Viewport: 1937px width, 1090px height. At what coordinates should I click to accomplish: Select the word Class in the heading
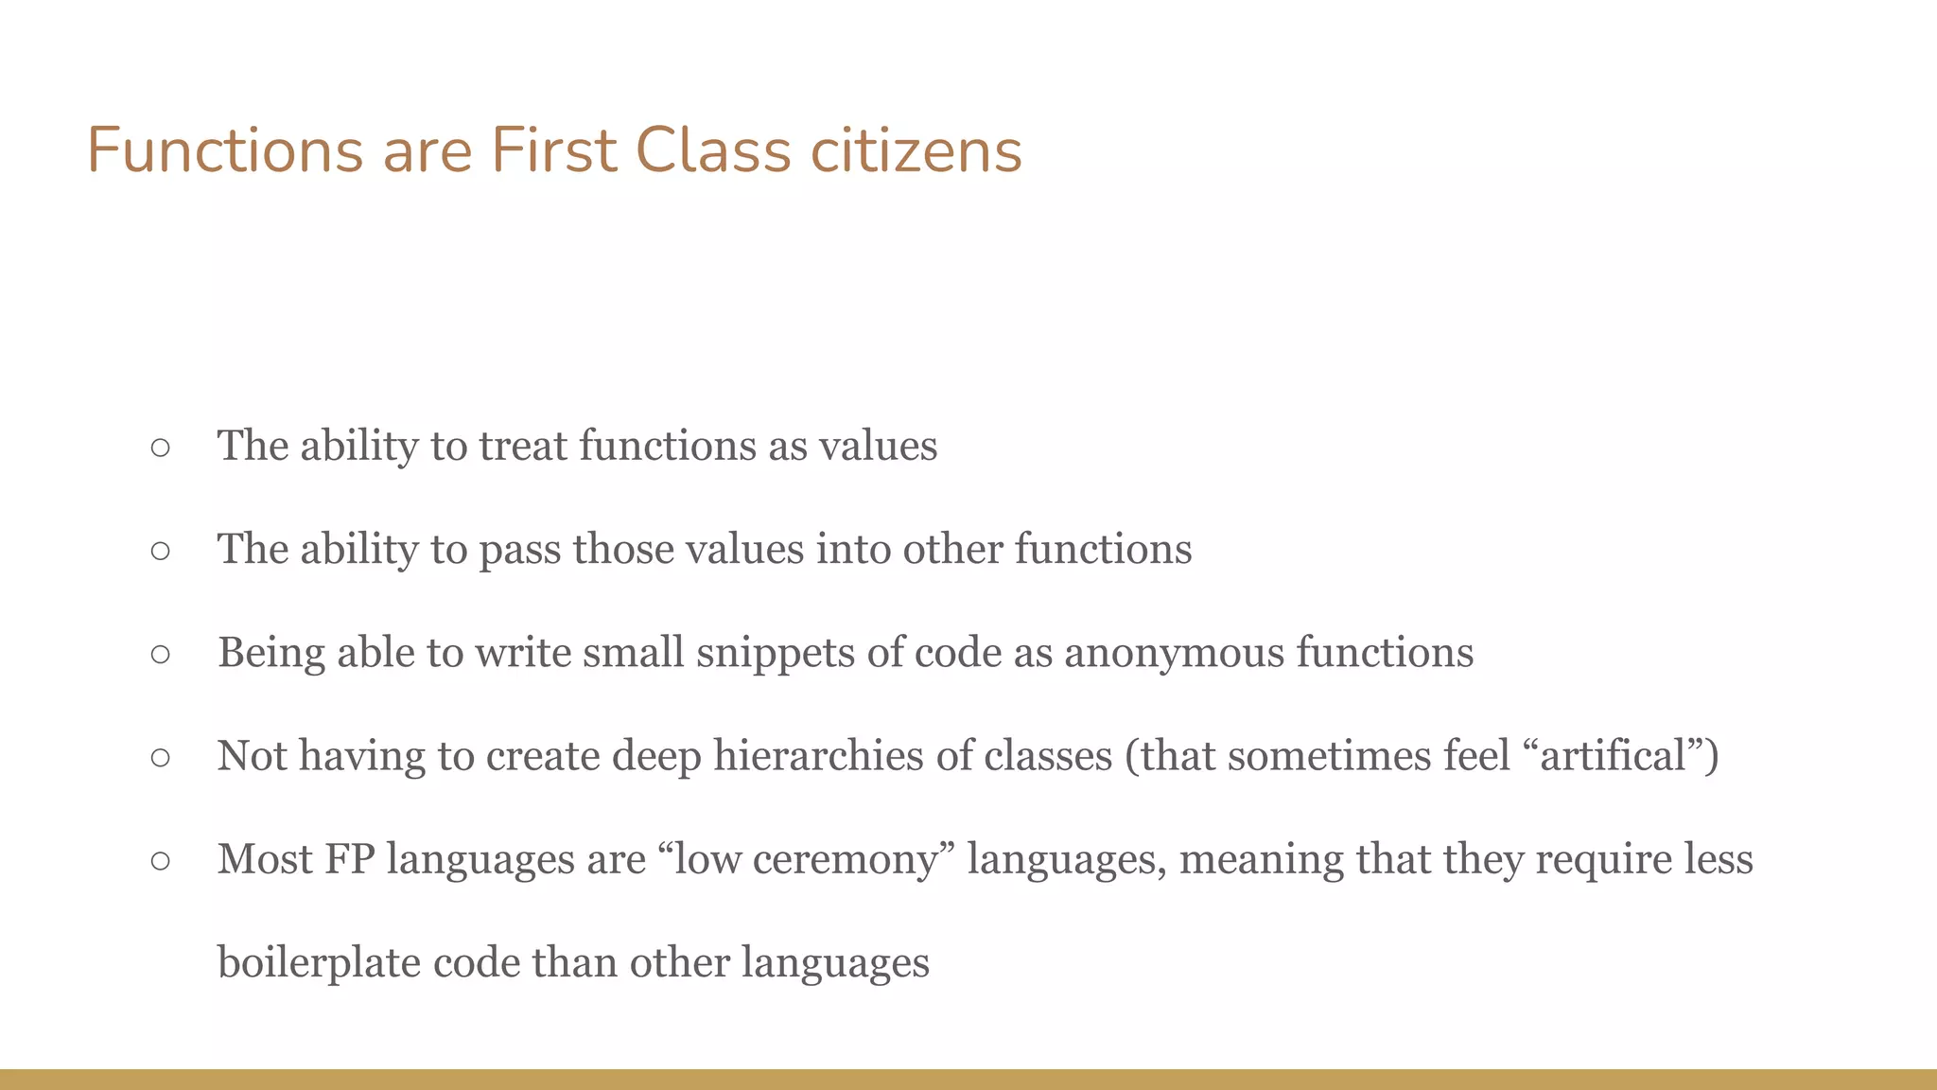tap(712, 151)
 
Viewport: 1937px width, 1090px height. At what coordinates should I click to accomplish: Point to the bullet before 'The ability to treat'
tap(160, 447)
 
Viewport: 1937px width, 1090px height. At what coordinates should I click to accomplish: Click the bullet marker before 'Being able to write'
tap(160, 653)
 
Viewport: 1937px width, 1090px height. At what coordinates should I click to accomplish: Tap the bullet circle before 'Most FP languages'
tap(160, 859)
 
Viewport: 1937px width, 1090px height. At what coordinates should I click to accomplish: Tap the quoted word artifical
tap(1614, 756)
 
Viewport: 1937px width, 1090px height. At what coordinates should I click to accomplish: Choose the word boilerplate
tap(319, 963)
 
